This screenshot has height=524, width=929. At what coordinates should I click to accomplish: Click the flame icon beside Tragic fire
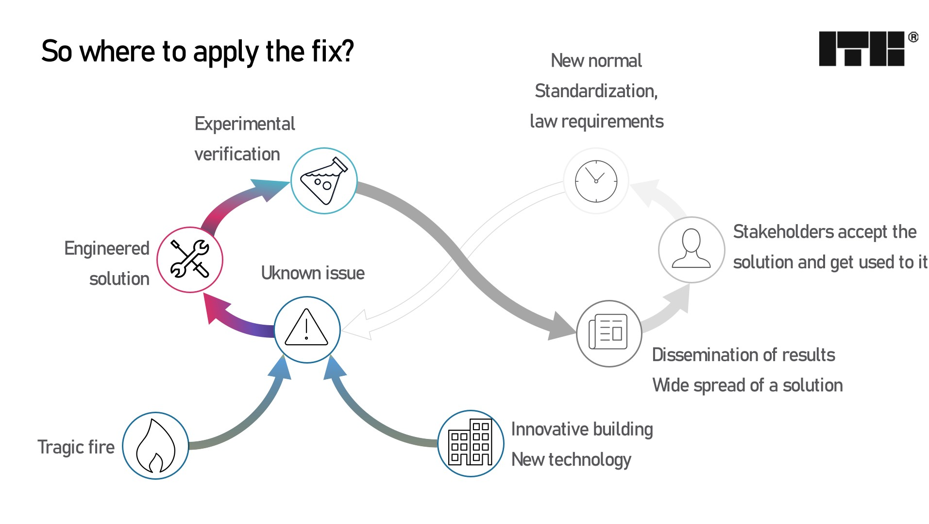155,445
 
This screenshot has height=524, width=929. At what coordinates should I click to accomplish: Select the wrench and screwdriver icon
190,260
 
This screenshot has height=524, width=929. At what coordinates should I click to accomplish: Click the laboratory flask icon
324,181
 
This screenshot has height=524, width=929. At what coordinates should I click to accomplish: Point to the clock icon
596,181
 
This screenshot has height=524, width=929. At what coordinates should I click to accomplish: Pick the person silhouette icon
691,249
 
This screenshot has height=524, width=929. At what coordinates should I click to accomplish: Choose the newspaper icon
608,333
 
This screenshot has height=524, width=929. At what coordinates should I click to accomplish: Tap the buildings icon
470,443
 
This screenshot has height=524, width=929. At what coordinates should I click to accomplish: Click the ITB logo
861,49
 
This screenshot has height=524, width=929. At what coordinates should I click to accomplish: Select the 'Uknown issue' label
313,273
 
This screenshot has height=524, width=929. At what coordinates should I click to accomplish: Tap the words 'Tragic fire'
76,447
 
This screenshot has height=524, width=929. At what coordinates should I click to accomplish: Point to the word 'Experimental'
245,124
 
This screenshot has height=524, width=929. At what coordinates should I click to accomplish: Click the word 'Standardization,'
596,91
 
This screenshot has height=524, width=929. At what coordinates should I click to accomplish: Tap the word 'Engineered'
107,248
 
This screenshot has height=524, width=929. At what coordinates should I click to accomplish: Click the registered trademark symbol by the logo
913,37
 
